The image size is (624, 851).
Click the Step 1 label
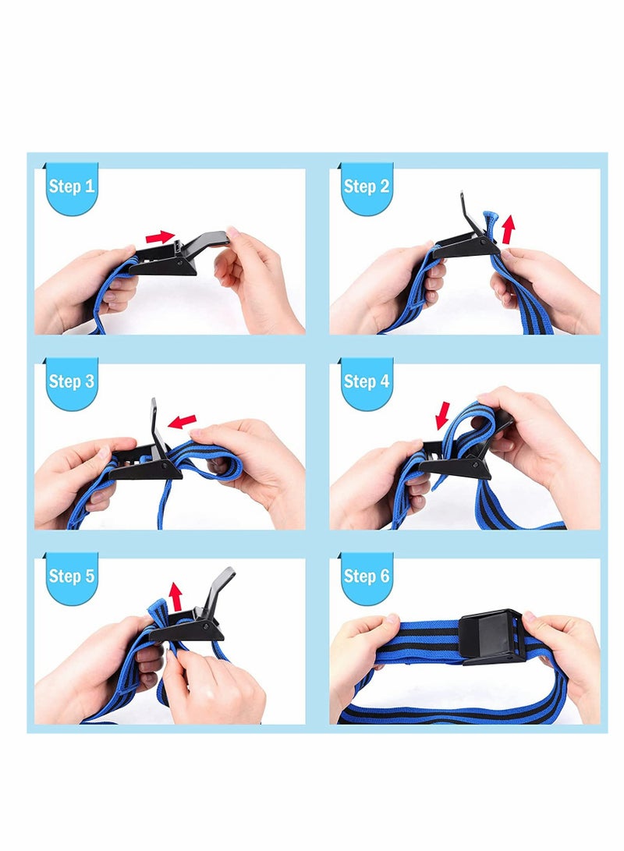point(72,186)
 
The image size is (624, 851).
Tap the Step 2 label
point(367,186)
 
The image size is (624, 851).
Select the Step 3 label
point(72,381)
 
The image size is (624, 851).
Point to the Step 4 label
point(367,381)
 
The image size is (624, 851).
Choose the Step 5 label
point(72,576)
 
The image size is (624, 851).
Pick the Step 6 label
point(367,576)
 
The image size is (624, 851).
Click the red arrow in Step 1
point(160,237)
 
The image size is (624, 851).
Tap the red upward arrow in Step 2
point(509,229)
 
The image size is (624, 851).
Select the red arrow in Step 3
point(182,421)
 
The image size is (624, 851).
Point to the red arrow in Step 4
point(443,415)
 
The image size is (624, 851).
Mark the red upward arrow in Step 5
point(175,597)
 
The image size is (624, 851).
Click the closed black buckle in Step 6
point(491,636)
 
